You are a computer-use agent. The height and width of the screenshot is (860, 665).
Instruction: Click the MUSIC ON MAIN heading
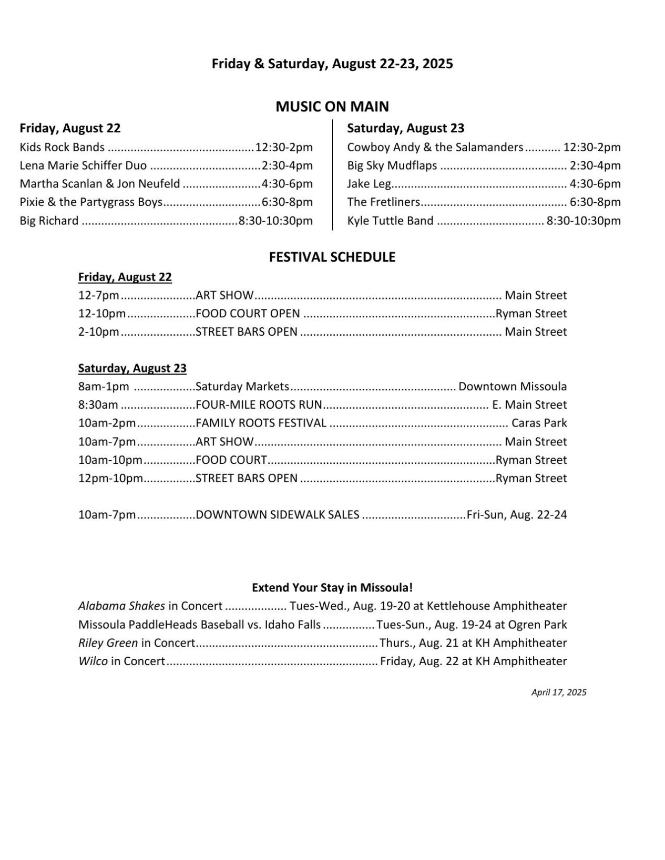click(332, 107)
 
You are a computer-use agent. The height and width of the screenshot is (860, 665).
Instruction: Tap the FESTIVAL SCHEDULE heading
click(332, 257)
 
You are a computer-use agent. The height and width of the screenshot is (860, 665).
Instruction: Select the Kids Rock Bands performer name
click(62, 148)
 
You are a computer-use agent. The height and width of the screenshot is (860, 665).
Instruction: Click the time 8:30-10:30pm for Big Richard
click(275, 221)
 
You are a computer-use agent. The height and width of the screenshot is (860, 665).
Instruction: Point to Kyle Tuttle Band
click(390, 221)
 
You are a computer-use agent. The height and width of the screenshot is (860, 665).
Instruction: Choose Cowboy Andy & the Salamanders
click(435, 148)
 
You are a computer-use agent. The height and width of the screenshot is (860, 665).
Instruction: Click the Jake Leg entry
click(369, 184)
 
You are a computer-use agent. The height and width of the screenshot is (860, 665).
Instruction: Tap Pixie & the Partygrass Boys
click(91, 202)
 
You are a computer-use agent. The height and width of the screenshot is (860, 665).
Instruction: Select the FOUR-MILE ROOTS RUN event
click(259, 405)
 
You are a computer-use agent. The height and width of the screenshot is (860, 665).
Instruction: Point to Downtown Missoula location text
click(513, 387)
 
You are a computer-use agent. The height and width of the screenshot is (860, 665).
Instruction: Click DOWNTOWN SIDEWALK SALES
click(278, 515)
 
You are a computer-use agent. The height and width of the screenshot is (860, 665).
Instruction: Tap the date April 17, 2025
click(559, 692)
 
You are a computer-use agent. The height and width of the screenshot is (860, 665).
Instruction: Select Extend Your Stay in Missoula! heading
click(332, 587)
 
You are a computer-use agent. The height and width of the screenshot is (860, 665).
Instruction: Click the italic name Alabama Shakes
click(121, 606)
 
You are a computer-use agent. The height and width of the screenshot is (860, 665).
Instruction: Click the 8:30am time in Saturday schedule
click(98, 405)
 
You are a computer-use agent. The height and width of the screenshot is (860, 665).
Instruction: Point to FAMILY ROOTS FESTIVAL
click(261, 423)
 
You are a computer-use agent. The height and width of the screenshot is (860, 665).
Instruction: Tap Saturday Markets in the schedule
click(242, 387)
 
